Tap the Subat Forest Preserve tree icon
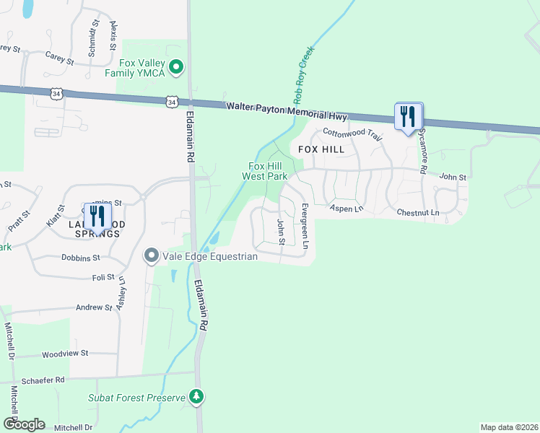(196, 396)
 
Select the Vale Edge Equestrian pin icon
(152, 255)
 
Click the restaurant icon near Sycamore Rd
(408, 115)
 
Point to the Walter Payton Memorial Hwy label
(287, 111)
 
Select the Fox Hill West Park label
(264, 170)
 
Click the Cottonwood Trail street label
(352, 134)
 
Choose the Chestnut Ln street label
(417, 213)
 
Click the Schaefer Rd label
(43, 380)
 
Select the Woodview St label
(64, 354)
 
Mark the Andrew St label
(94, 307)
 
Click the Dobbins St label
(79, 258)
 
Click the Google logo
(24, 424)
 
